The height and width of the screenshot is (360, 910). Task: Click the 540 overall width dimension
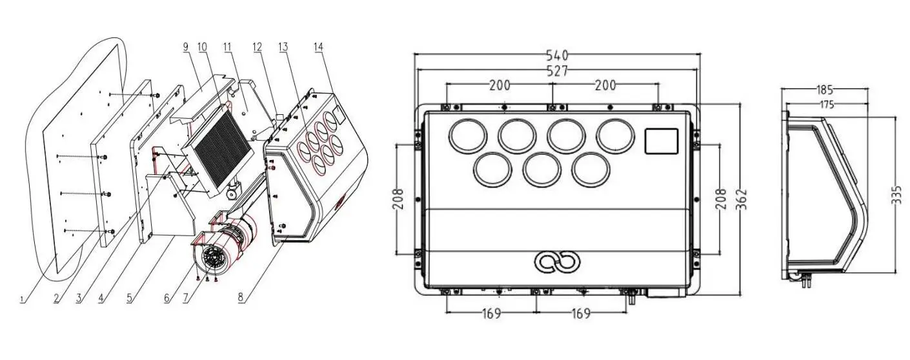(557, 55)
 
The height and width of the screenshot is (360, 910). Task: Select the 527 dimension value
(557, 71)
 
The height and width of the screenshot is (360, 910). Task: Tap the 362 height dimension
(742, 199)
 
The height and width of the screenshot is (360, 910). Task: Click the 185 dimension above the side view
(824, 90)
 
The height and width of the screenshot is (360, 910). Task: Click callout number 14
(319, 47)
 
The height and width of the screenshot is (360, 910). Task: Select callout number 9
(186, 46)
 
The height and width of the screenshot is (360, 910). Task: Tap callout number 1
(23, 300)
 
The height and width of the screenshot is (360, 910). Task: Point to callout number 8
(241, 297)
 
